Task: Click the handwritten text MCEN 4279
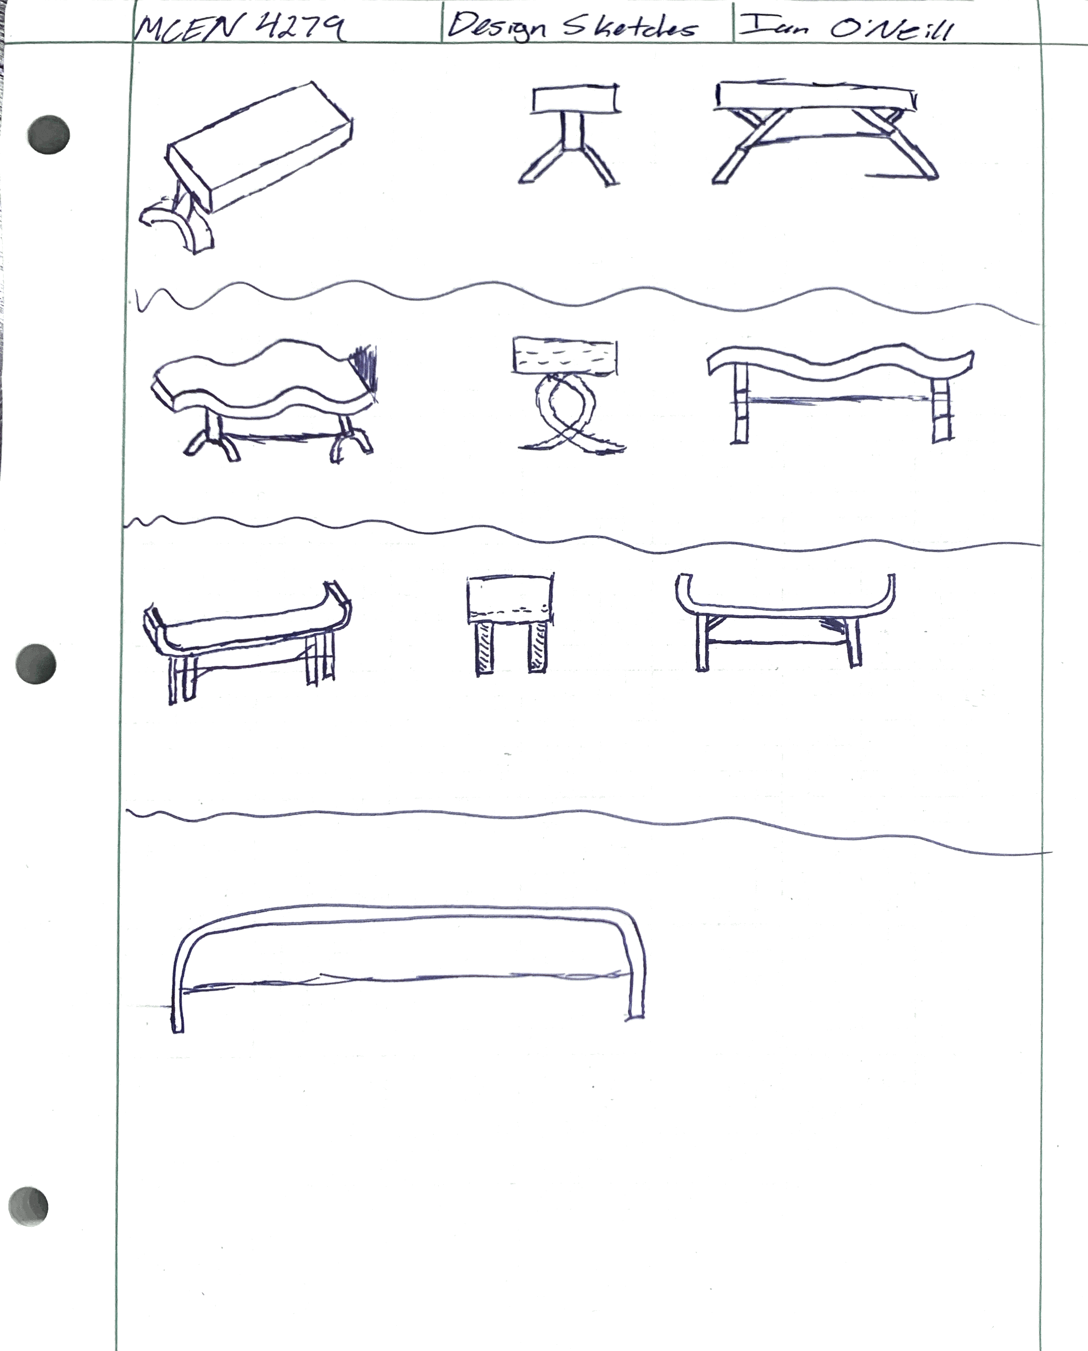point(239,27)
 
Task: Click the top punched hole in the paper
point(48,134)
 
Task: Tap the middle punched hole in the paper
point(36,664)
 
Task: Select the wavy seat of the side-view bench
point(840,364)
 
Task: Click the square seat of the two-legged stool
point(510,600)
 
